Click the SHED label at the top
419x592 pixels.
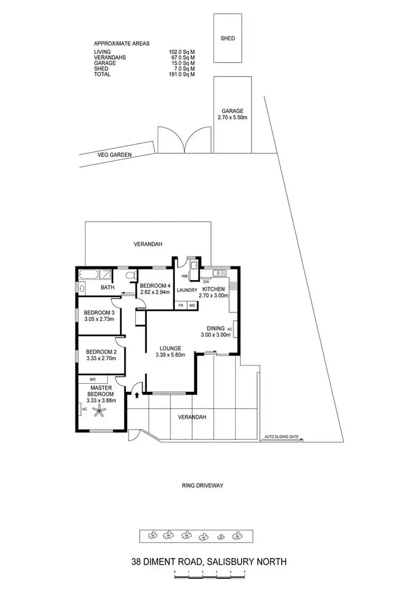[227, 38]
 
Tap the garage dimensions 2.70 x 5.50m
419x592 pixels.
[232, 118]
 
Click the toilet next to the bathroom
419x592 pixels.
[130, 276]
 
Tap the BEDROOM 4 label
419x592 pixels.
[154, 285]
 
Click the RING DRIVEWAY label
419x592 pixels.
[202, 485]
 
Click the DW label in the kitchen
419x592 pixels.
[206, 281]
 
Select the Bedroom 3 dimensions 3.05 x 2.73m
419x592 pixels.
[99, 319]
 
